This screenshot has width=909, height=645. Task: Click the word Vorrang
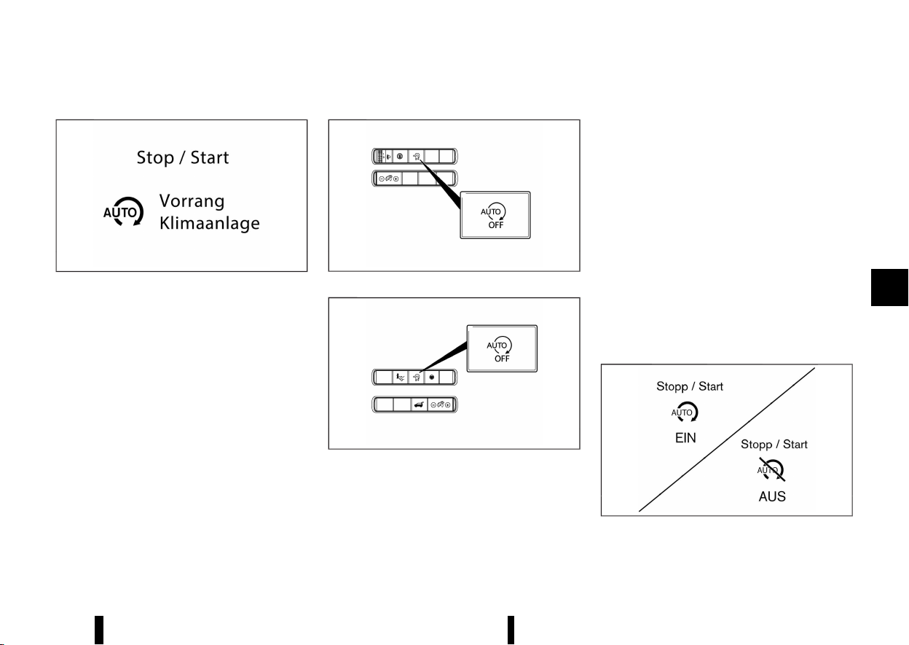point(192,202)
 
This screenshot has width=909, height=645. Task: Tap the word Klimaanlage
point(210,223)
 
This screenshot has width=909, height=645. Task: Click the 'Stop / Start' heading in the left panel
point(183,157)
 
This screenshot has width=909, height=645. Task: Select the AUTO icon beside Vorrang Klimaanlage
point(117,212)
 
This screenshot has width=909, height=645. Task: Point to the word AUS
point(772,497)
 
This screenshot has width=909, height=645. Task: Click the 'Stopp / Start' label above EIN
point(690,387)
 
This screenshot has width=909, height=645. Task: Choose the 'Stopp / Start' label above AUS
point(774,444)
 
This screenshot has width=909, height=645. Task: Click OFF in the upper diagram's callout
point(495,225)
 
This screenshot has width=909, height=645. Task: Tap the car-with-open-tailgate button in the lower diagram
point(418,404)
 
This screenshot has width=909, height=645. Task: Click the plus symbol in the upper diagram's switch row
point(396,179)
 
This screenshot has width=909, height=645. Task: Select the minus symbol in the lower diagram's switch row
point(433,404)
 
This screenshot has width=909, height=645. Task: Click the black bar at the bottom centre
point(511,630)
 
